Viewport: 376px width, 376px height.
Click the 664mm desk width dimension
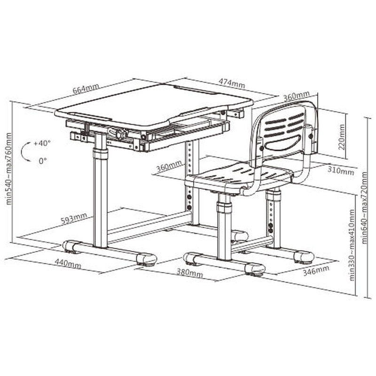pyautogui.click(x=86, y=89)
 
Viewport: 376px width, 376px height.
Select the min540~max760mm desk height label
pyautogui.click(x=8, y=169)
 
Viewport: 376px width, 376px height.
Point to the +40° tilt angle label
pyautogui.click(x=42, y=143)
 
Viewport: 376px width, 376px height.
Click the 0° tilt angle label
pyautogui.click(x=43, y=161)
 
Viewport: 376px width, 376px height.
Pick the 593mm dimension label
pyautogui.click(x=74, y=218)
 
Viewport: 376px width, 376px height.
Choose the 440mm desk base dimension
pyautogui.click(x=68, y=263)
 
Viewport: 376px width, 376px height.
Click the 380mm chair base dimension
pyautogui.click(x=190, y=273)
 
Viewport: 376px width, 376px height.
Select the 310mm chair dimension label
pyautogui.click(x=341, y=171)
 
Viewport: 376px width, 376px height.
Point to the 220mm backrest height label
pyautogui.click(x=342, y=137)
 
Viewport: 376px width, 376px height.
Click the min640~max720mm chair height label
pyautogui.click(x=364, y=208)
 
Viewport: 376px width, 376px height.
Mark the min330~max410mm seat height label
pyautogui.click(x=351, y=245)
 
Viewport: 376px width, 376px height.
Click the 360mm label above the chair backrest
pyautogui.click(x=297, y=96)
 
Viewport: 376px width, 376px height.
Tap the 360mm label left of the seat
pyautogui.click(x=169, y=166)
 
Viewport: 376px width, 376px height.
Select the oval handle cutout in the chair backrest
pyautogui.click(x=283, y=143)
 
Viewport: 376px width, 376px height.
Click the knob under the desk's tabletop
pyautogui.click(x=119, y=133)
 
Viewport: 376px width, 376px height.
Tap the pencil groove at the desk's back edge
pyautogui.click(x=194, y=89)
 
